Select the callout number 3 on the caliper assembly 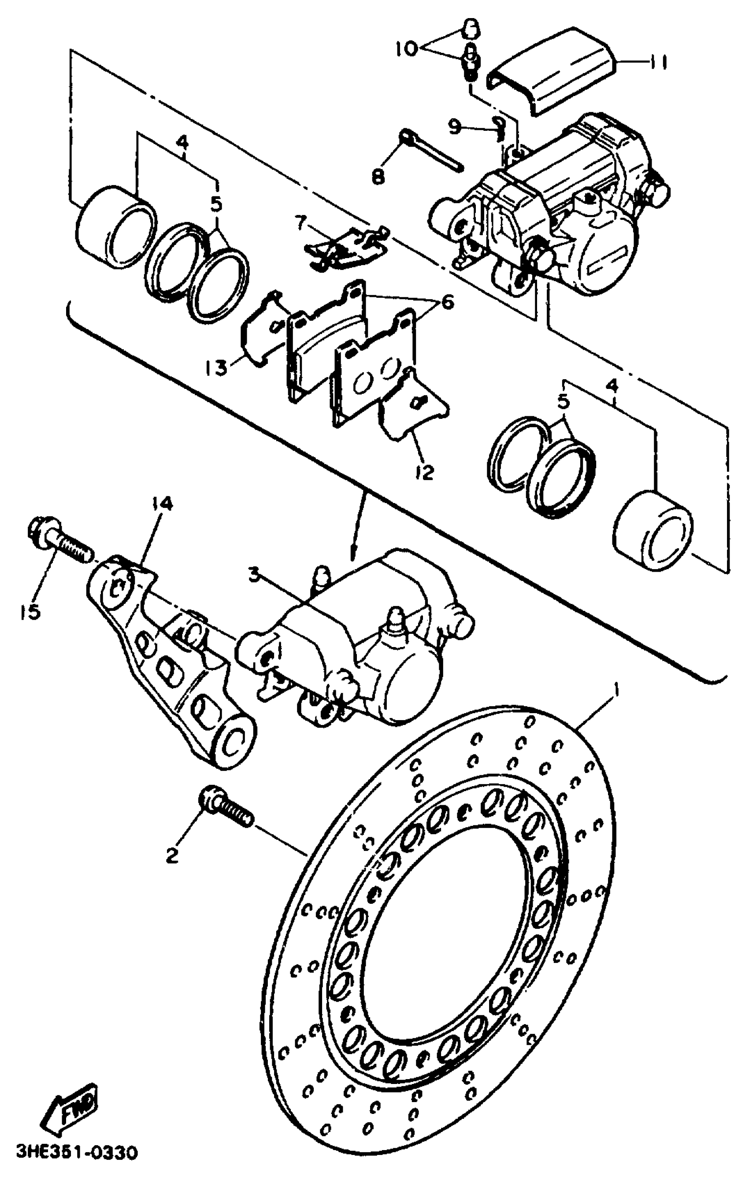coord(253,576)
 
